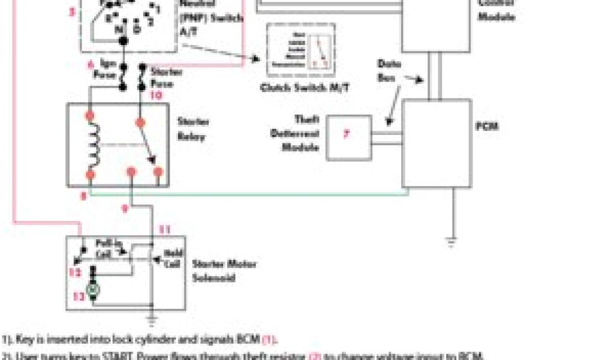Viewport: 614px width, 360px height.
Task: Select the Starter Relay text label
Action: [192, 129]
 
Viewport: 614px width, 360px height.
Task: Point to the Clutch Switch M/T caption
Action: [305, 88]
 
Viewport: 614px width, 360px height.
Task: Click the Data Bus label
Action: [390, 71]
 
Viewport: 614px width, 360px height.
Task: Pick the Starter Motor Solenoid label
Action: [224, 271]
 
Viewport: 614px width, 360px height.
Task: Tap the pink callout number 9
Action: [125, 208]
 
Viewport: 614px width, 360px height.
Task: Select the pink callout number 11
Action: [164, 229]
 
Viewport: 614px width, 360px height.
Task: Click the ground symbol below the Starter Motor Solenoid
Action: [152, 319]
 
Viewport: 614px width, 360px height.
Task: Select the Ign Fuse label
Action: [104, 69]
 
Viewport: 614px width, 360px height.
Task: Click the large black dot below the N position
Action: [124, 41]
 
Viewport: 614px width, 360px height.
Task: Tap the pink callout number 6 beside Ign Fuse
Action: [91, 63]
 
